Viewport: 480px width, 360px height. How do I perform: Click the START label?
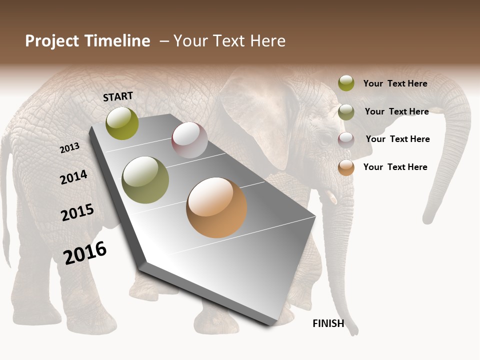click(118, 96)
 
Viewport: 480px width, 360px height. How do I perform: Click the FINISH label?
click(328, 323)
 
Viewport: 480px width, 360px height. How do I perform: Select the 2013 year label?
click(70, 148)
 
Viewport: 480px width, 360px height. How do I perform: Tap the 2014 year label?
click(74, 177)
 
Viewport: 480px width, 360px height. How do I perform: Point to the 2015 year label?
click(77, 212)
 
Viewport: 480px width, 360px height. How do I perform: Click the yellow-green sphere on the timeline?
click(122, 123)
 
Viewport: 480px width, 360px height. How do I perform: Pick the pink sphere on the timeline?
click(189, 140)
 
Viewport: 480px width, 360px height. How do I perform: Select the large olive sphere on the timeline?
click(145, 180)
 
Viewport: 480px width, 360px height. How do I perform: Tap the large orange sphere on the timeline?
click(216, 207)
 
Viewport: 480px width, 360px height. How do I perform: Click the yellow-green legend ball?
click(346, 83)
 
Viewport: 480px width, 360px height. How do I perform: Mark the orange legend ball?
click(346, 167)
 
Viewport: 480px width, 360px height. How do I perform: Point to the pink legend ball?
click(346, 140)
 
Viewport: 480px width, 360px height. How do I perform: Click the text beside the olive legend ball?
click(396, 111)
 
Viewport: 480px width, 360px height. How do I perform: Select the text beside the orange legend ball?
click(395, 167)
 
